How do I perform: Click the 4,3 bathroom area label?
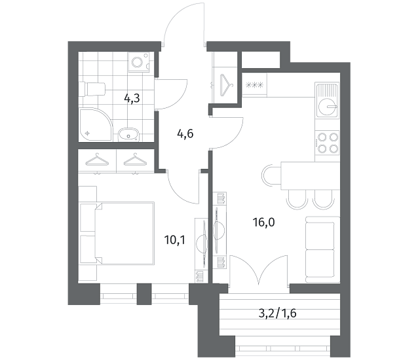[132, 99]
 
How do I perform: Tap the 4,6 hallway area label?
[185, 134]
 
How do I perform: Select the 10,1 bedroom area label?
[175, 240]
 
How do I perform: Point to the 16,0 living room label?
[263, 222]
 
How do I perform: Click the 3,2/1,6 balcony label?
[278, 314]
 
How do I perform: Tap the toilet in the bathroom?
[93, 89]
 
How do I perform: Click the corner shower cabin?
[96, 124]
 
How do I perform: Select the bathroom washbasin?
[128, 134]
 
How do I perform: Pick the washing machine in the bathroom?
[139, 62]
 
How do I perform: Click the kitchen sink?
[327, 100]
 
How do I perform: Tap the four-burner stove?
[327, 143]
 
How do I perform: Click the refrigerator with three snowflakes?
[254, 84]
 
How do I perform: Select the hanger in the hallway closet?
[226, 84]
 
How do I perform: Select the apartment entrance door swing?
[185, 24]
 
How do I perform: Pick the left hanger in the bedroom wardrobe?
[97, 160]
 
